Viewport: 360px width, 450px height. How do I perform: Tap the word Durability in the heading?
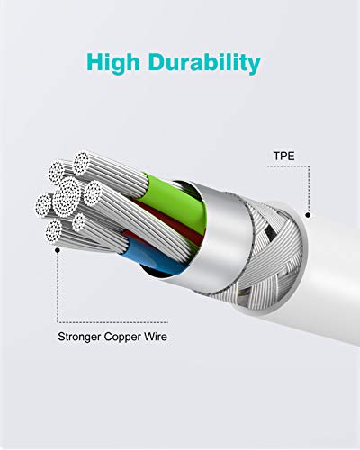[x=204, y=63]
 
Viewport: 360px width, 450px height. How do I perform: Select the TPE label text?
[x=283, y=156]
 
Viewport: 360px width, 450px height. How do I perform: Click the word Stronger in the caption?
[x=79, y=337]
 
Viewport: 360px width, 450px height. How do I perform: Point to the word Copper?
[x=122, y=337]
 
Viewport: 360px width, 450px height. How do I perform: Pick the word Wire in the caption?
[x=156, y=337]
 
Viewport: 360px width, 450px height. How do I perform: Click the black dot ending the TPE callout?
[x=308, y=215]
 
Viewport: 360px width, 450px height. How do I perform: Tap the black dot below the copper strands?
[x=58, y=250]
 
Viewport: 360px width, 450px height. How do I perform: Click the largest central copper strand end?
[x=67, y=196]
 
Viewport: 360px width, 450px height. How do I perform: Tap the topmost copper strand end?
[x=81, y=163]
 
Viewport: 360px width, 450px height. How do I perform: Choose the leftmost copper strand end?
[x=44, y=205]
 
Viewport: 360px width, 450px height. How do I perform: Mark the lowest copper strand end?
[x=54, y=230]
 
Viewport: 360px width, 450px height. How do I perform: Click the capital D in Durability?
[x=157, y=62]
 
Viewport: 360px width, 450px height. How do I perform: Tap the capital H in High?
[x=95, y=62]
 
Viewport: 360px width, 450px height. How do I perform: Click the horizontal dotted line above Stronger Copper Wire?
[x=112, y=322]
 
